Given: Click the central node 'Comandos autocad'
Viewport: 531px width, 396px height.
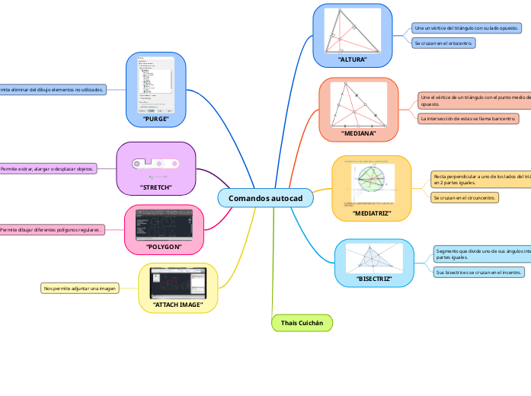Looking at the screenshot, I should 265,198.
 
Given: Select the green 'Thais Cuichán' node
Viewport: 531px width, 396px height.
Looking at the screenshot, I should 302,324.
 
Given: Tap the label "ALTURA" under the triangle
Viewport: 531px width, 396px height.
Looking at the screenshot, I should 352,59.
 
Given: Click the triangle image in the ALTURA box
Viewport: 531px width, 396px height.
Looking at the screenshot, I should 352,30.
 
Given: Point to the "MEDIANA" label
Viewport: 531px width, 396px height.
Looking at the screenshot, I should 359,133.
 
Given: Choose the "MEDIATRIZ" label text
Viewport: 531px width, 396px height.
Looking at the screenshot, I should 372,213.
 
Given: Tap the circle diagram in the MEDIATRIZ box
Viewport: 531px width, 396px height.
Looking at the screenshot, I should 372,184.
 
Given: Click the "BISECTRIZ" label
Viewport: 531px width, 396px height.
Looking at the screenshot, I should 374,279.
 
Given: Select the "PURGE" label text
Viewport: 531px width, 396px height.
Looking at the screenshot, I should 155,119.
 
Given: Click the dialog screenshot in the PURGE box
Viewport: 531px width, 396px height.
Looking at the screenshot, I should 155,85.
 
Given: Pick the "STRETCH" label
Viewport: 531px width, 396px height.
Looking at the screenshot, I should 155,187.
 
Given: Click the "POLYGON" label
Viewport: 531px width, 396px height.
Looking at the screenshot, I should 164,247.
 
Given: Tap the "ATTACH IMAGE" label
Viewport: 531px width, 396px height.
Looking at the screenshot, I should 178,305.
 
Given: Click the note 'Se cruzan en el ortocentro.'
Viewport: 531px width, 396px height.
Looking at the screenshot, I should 443,43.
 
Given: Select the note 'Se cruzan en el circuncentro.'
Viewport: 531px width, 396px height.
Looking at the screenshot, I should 465,198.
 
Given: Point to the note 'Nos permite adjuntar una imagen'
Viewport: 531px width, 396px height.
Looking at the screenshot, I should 80,289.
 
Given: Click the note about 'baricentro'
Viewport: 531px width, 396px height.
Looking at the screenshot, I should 469,119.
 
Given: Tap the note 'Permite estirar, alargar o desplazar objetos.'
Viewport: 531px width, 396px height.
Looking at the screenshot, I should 47,168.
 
